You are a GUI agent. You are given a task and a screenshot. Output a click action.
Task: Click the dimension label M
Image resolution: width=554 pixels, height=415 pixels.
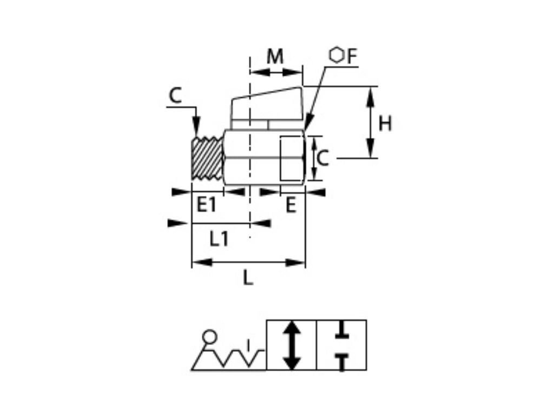(x=275, y=57)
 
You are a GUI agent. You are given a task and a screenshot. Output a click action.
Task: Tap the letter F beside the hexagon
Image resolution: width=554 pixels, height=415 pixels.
(x=352, y=56)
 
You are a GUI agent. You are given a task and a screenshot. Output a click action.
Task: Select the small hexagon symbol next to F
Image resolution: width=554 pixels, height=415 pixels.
(x=337, y=55)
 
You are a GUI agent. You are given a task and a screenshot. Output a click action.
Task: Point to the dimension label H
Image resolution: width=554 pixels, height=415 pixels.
(x=385, y=124)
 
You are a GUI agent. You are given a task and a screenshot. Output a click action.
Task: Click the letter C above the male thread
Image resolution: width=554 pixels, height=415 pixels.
(x=175, y=96)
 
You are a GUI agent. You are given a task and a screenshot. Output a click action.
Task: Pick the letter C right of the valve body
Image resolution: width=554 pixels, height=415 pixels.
(x=322, y=158)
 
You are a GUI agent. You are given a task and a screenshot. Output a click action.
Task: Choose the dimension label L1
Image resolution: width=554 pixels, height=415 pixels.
(x=219, y=239)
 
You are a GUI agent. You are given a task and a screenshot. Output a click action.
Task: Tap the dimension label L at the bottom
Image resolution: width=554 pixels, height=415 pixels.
(x=247, y=278)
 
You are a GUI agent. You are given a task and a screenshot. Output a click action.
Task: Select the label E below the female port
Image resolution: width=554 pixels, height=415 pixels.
(x=291, y=205)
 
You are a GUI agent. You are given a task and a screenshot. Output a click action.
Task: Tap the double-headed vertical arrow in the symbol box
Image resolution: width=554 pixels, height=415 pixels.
(x=292, y=345)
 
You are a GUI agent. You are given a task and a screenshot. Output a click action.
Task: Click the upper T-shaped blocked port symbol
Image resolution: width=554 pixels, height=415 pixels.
(x=341, y=331)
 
